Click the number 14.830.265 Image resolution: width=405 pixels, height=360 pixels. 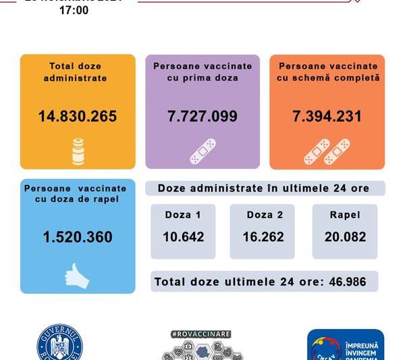[x=78, y=116]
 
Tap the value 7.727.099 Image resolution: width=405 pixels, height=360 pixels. [x=202, y=116]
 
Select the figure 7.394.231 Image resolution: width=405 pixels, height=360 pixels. [x=327, y=116]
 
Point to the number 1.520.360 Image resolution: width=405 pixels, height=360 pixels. [x=78, y=237]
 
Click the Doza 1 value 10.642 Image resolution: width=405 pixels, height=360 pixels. [x=183, y=237]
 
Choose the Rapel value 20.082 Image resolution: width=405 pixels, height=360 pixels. [x=345, y=237]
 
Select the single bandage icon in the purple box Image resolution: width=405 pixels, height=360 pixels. [x=202, y=151]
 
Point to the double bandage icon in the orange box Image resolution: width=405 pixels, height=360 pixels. [x=327, y=151]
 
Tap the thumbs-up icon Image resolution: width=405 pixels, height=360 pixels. [x=76, y=276]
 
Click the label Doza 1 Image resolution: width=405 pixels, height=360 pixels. [x=182, y=215]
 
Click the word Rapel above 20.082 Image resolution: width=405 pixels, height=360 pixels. [x=345, y=215]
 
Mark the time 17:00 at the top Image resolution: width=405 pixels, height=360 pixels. [x=74, y=11]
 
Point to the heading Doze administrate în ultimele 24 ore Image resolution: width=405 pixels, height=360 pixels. [x=264, y=188]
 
